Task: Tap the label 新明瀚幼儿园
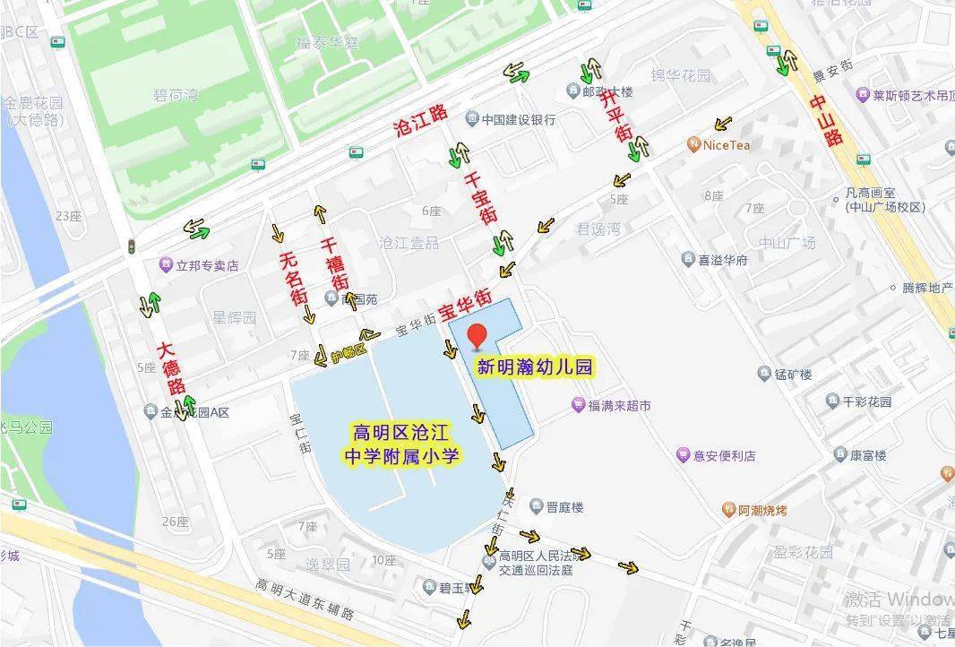[534, 367]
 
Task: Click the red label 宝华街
[465, 305]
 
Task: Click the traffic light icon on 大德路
[132, 246]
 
